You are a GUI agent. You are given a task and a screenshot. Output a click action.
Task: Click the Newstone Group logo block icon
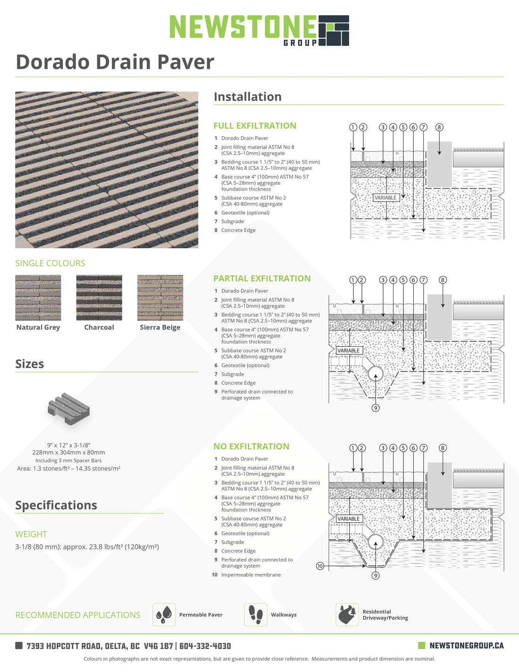(x=334, y=30)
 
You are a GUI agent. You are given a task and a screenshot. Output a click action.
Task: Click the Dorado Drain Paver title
(x=115, y=62)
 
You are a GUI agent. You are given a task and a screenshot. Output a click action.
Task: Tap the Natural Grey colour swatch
(x=38, y=298)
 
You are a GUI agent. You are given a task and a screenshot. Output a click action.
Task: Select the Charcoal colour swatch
(x=99, y=298)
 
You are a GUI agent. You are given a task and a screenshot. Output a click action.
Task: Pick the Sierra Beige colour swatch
(x=160, y=298)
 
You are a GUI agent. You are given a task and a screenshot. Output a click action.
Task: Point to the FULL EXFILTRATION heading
(x=255, y=126)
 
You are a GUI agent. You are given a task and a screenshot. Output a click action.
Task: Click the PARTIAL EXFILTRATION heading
(x=262, y=278)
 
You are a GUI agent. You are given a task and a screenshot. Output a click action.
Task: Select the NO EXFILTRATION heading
(x=251, y=446)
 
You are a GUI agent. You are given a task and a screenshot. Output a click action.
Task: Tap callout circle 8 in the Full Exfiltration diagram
(x=439, y=127)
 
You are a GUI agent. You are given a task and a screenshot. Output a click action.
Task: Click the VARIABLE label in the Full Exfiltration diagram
(x=385, y=198)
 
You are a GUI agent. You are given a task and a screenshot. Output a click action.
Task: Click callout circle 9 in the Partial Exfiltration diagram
(x=376, y=408)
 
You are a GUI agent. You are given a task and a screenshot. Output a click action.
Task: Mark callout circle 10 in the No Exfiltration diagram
(x=320, y=566)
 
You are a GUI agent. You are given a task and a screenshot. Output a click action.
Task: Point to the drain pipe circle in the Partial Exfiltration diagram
(x=376, y=374)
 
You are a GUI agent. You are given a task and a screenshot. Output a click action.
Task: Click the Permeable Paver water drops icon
(x=164, y=614)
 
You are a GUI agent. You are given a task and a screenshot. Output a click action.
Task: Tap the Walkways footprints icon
(x=256, y=614)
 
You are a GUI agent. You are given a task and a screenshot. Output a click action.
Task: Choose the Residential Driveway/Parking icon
(x=347, y=614)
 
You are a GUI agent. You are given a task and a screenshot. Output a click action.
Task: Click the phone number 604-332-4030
(x=205, y=646)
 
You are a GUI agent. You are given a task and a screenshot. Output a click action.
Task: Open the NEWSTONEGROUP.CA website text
(x=466, y=646)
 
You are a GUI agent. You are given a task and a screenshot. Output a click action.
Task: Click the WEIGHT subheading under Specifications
(x=31, y=534)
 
